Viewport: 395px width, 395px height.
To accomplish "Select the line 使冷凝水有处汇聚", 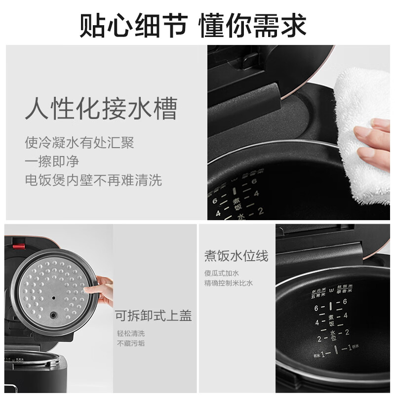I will (x=79, y=143).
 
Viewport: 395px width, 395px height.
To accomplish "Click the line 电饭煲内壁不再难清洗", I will (x=93, y=180).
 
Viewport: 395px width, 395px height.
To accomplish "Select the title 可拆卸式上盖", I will (x=153, y=316).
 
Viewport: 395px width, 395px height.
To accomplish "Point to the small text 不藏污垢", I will (x=131, y=343).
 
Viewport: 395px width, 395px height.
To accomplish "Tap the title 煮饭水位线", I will (x=236, y=256).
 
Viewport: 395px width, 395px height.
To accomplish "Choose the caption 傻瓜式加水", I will (x=222, y=273).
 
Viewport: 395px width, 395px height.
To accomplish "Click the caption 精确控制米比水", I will (x=229, y=283).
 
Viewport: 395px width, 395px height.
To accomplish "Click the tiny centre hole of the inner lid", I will (x=52, y=299).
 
